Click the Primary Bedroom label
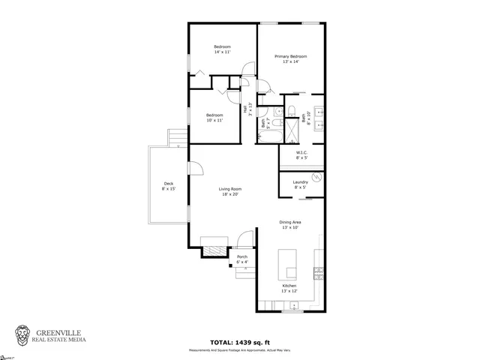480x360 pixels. pyautogui.click(x=290, y=56)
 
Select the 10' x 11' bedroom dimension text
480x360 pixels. pyautogui.click(x=214, y=120)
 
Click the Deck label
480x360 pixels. pyautogui.click(x=168, y=184)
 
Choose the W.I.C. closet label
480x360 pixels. pyautogui.click(x=301, y=153)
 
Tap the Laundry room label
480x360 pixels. pyautogui.click(x=301, y=182)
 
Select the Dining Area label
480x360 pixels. pyautogui.click(x=290, y=222)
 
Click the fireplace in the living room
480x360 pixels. pyautogui.click(x=213, y=250)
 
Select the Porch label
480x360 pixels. pyautogui.click(x=242, y=257)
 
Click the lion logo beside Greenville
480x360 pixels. pyautogui.click(x=23, y=334)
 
